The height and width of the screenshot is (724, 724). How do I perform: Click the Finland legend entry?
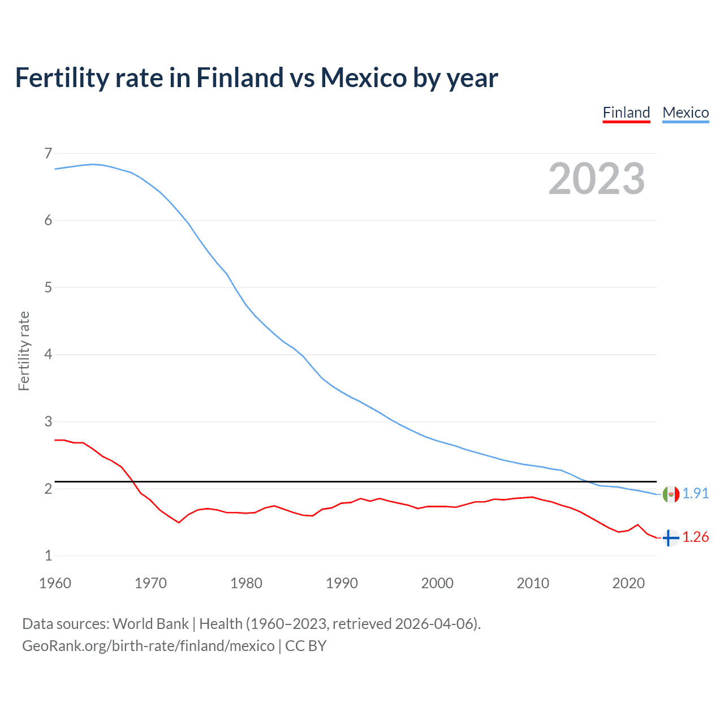[x=626, y=113]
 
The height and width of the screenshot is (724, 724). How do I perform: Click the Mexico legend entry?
[x=686, y=113]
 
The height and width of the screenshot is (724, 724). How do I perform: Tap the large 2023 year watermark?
[x=597, y=179]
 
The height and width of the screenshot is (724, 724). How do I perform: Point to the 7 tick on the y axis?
[x=48, y=153]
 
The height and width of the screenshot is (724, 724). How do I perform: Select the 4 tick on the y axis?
[x=48, y=355]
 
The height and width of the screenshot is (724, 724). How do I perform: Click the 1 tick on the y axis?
[x=48, y=555]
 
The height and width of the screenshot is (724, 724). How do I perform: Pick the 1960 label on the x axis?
[x=55, y=583]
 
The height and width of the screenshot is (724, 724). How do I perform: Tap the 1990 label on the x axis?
[x=342, y=583]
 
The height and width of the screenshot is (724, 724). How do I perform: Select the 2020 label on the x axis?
[x=628, y=583]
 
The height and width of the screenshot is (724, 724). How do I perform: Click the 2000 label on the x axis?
[x=437, y=583]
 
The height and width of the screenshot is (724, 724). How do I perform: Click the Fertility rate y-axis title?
[x=24, y=351]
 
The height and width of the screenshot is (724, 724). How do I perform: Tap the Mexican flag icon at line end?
[x=671, y=494]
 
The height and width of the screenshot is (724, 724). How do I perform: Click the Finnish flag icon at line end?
[x=671, y=537]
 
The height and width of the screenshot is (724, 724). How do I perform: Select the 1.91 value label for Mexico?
[x=696, y=493]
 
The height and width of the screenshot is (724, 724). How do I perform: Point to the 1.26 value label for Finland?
[x=696, y=537]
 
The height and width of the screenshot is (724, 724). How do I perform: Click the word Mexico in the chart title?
[x=364, y=77]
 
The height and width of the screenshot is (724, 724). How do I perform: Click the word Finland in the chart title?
[x=239, y=77]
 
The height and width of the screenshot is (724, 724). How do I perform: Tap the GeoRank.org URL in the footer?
[x=148, y=646]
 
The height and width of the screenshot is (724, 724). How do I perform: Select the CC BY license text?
[x=305, y=646]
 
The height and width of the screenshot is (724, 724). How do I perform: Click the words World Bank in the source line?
[x=150, y=624]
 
